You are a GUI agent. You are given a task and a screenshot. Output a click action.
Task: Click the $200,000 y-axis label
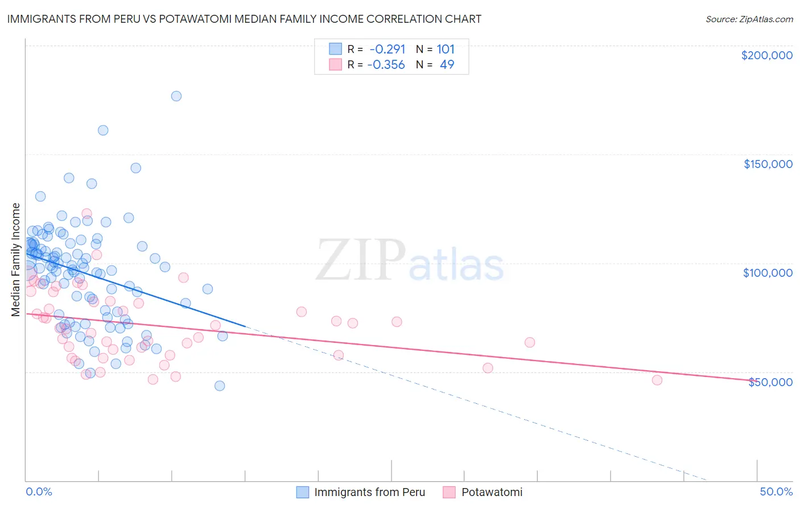coord(766,55)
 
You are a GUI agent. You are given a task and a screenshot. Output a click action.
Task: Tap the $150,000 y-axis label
coord(768,164)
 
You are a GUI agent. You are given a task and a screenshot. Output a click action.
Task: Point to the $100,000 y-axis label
coord(768,273)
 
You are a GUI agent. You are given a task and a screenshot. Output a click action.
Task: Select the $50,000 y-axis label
coord(770,382)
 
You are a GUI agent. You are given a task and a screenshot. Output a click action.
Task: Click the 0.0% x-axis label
coord(39,491)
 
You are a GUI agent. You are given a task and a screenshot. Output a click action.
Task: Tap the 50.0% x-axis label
coord(776,491)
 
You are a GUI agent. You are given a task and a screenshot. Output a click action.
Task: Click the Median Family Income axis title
coord(16,260)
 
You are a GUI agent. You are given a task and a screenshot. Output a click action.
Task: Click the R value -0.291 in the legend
coord(387,50)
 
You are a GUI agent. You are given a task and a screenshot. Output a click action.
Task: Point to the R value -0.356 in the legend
coord(386,65)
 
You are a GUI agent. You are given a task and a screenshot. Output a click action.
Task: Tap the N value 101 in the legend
coord(446,50)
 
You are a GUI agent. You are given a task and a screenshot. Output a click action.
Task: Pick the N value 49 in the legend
coord(447,65)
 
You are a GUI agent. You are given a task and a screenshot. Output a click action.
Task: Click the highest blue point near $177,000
coord(176,96)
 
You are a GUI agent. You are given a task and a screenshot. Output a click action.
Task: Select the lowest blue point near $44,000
coord(220,386)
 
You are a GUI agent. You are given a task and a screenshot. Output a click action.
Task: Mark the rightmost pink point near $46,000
coord(657,380)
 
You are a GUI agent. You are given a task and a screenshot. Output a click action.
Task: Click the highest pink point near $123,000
coord(87,214)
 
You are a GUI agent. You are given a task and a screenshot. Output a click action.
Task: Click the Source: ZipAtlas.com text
coord(749,19)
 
